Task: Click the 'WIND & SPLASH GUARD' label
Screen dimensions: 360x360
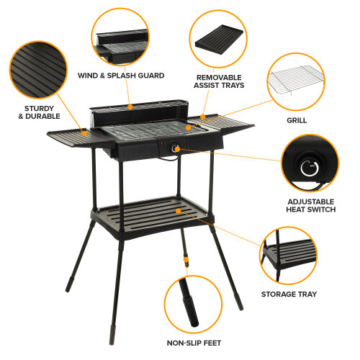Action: (121, 76)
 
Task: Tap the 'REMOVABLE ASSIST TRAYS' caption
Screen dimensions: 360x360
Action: (219, 81)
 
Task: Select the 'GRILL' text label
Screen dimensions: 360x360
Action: (297, 120)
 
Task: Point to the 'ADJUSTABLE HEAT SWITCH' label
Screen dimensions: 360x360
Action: (311, 205)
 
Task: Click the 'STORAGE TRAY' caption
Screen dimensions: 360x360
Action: (289, 294)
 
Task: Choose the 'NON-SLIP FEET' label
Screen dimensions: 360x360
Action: (194, 343)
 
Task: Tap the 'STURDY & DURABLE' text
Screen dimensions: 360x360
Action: (39, 112)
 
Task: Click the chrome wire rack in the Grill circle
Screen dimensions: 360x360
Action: (297, 80)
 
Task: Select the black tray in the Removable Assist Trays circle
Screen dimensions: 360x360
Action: (219, 39)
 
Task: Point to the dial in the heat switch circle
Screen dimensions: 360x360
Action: (310, 168)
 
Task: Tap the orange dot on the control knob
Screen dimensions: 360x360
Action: (177, 149)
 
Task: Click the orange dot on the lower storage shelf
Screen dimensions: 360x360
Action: (178, 211)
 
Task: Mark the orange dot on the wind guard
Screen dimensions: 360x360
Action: (130, 107)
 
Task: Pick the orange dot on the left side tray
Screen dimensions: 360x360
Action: (84, 133)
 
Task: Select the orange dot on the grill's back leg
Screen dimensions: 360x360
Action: (186, 260)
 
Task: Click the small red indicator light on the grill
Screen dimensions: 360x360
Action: (162, 144)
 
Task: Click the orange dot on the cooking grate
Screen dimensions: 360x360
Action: (189, 127)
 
